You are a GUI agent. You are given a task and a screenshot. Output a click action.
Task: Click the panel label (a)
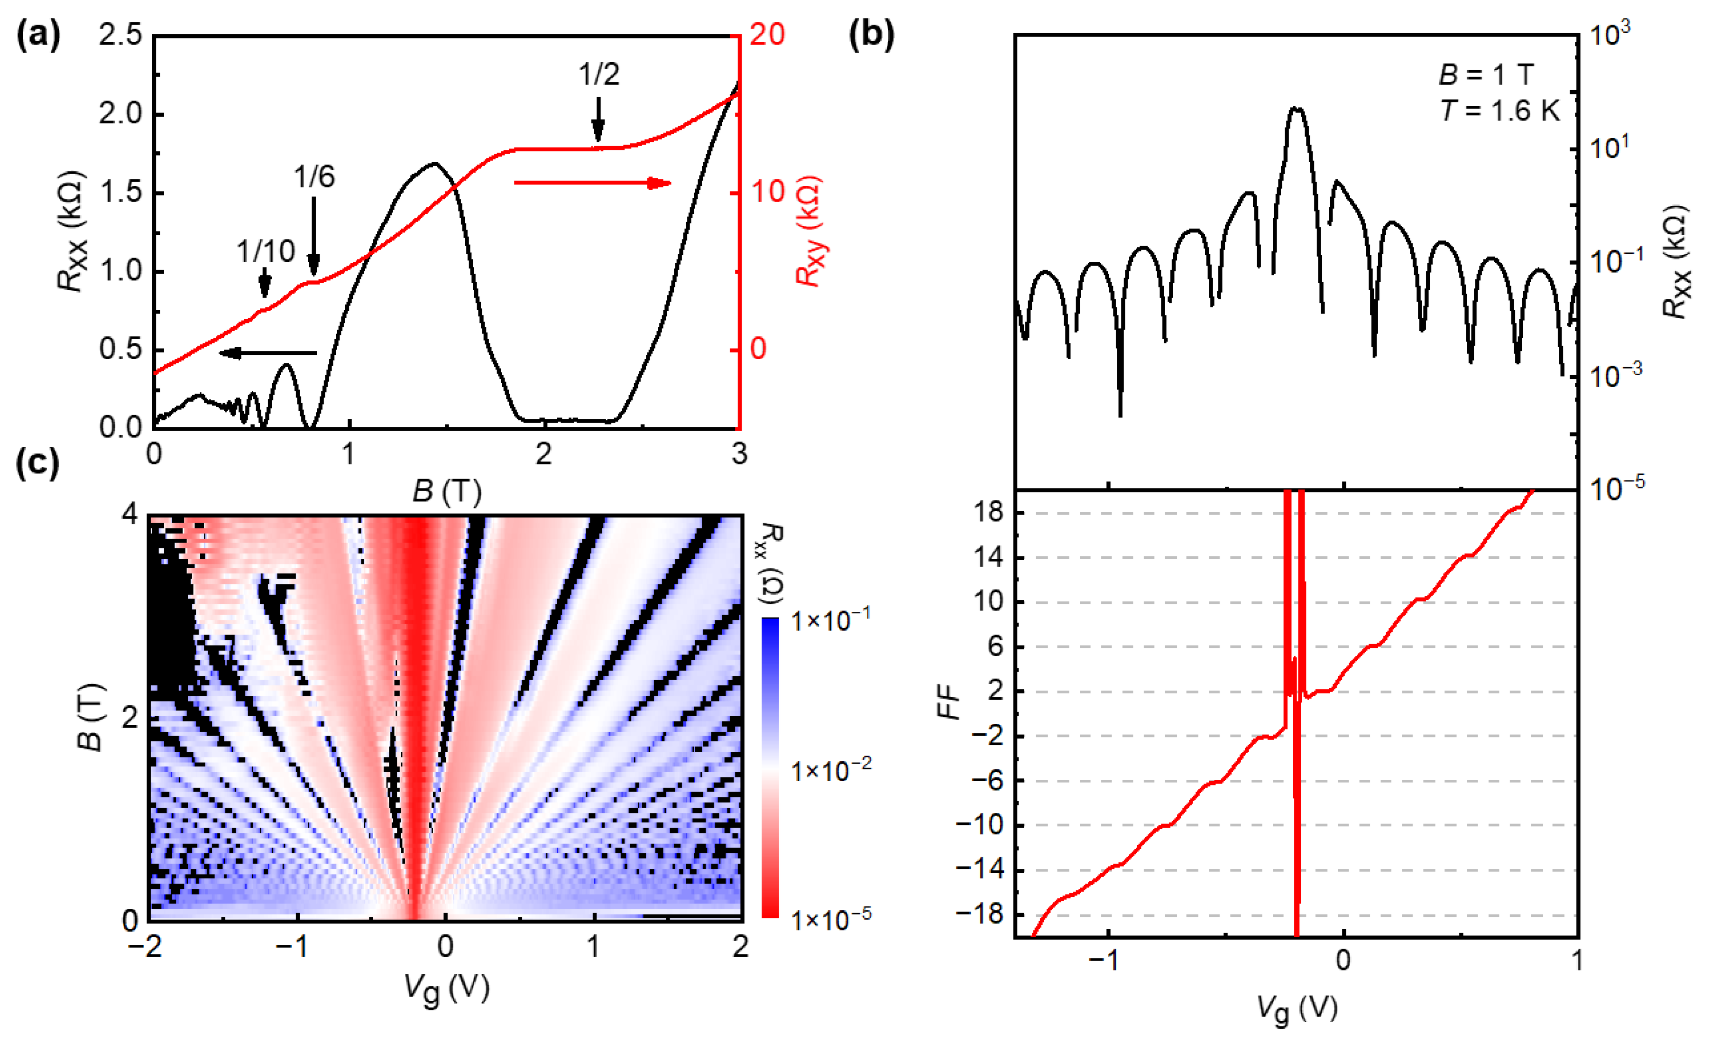[x=38, y=35]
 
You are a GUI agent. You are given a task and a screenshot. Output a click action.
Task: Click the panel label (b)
[x=872, y=35]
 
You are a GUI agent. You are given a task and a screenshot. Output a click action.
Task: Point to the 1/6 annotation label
[x=314, y=177]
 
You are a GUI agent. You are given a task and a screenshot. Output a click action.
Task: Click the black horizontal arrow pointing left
[x=268, y=353]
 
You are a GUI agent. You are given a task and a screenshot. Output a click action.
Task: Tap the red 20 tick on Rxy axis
[x=767, y=35]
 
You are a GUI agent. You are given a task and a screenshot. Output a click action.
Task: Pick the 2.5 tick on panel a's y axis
[x=120, y=35]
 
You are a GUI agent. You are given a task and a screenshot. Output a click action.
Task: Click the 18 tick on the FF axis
[x=987, y=513]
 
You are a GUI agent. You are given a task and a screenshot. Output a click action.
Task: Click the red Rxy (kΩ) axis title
[x=810, y=231]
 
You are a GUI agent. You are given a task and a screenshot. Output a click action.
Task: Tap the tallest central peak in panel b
[x=1296, y=109]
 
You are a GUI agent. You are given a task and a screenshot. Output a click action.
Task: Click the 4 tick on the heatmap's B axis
[x=130, y=516]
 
